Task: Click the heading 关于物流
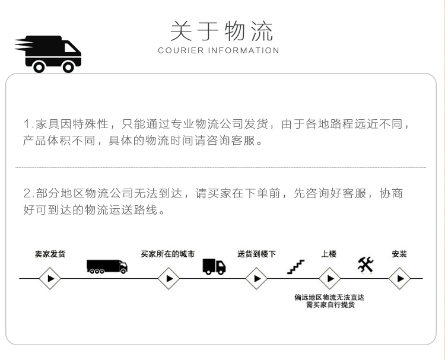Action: click(222, 31)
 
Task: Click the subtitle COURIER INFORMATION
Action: click(218, 50)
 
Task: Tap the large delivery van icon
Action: click(48, 54)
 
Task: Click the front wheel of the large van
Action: click(68, 67)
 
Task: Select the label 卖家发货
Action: click(50, 254)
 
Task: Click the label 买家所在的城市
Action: click(168, 254)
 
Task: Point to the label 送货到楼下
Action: click(256, 254)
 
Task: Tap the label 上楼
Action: click(329, 254)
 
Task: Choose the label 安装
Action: click(399, 254)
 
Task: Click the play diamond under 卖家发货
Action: click(50, 278)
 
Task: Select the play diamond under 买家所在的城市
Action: click(169, 278)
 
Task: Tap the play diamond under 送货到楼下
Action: click(256, 278)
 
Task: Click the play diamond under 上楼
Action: click(329, 278)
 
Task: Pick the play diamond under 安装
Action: click(399, 278)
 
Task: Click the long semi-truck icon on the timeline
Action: click(107, 267)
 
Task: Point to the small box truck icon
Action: click(214, 267)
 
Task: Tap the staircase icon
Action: click(295, 267)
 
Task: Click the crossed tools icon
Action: click(365, 265)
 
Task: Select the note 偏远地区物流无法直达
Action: click(329, 297)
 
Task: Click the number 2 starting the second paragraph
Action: click(27, 193)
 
